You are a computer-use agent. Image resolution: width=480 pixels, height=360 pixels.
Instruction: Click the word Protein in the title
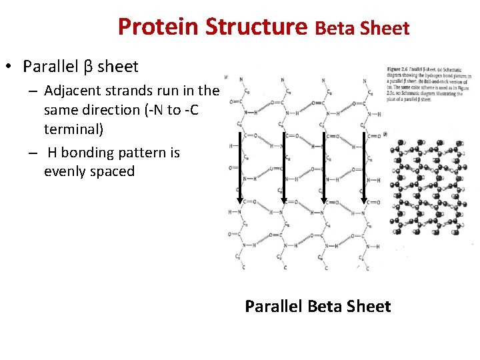click(159, 27)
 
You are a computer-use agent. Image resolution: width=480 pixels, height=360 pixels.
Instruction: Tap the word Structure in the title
click(256, 27)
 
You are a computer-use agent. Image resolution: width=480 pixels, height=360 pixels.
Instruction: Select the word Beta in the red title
click(335, 29)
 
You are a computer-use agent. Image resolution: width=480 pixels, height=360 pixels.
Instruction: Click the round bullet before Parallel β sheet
click(9, 67)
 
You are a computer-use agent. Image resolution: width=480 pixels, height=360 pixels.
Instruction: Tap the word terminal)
click(73, 129)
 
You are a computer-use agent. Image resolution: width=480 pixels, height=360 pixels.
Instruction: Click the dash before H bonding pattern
click(32, 153)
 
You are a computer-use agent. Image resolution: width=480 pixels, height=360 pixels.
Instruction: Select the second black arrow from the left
click(281, 167)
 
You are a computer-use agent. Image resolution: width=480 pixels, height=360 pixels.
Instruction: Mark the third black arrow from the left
click(323, 167)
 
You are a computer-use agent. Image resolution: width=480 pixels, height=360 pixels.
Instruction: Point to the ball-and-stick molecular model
click(431, 190)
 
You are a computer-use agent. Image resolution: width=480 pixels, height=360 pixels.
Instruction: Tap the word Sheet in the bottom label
click(369, 307)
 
